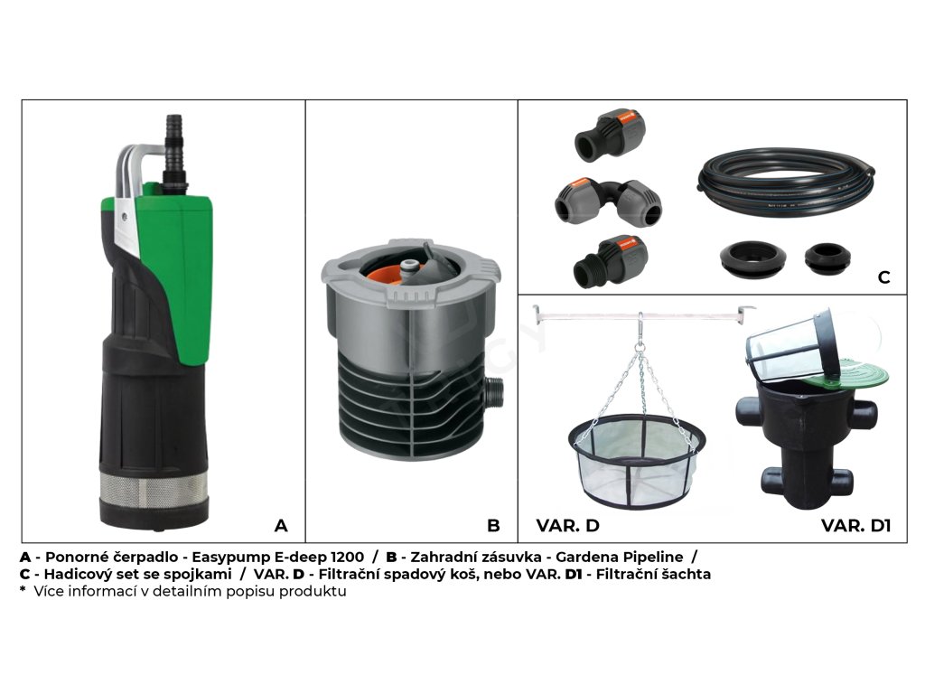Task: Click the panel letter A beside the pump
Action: click(x=281, y=525)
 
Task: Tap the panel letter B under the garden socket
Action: click(x=493, y=525)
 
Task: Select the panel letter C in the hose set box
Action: click(x=883, y=277)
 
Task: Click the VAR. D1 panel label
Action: click(x=855, y=525)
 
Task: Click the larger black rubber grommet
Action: click(x=752, y=258)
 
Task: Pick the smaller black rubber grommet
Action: click(x=827, y=258)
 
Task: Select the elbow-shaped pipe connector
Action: click(x=608, y=202)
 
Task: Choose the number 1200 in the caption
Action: click(x=347, y=557)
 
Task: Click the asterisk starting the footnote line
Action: click(x=23, y=589)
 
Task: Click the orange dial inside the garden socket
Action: click(x=387, y=274)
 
